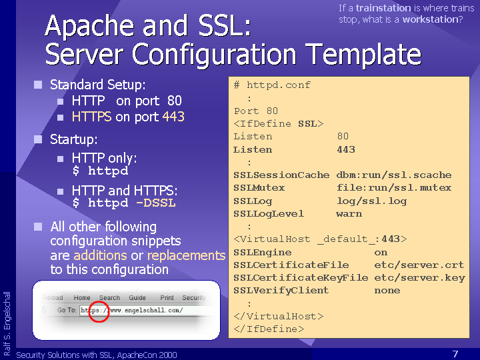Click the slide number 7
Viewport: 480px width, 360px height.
[x=455, y=354]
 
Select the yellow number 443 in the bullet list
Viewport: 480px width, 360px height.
[x=173, y=117]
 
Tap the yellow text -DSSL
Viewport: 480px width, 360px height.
[x=156, y=203]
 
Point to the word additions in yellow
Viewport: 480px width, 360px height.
[x=100, y=255]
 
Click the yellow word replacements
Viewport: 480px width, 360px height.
[x=186, y=255]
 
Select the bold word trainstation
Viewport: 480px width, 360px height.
[x=383, y=8]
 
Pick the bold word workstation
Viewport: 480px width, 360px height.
[x=430, y=19]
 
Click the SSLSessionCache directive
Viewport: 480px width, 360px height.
[x=281, y=175]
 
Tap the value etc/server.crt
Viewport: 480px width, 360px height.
[x=419, y=265]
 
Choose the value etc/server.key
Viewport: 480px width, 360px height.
[x=420, y=278]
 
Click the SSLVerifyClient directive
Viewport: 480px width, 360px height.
[x=281, y=291]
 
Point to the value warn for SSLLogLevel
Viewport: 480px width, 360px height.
[x=349, y=214]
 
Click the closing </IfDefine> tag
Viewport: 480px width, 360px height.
[x=269, y=329]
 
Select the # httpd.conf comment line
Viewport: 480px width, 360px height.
[x=272, y=85]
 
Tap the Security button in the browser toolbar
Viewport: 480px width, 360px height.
[x=194, y=297]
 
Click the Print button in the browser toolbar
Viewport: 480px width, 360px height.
[x=167, y=297]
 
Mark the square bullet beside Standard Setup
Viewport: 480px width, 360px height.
[x=38, y=85]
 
